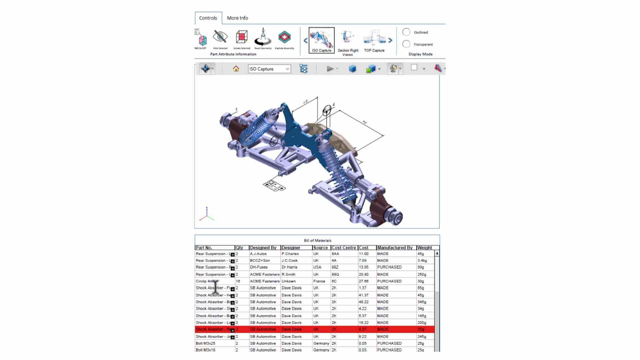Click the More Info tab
click(237, 18)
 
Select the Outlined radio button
click(406, 32)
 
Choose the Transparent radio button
click(406, 44)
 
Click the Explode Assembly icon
click(284, 38)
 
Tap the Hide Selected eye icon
click(220, 37)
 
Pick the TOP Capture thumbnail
click(374, 40)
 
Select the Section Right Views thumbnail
click(348, 40)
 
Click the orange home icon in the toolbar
click(236, 69)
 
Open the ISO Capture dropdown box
click(269, 69)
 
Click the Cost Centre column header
click(344, 248)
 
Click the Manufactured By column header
click(395, 248)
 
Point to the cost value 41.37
click(364, 295)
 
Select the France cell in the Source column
click(319, 281)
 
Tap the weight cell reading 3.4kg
click(422, 260)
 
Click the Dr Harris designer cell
click(289, 267)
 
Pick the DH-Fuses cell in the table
click(259, 267)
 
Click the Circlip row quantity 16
click(238, 281)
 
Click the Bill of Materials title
click(317, 240)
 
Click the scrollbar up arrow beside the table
click(437, 253)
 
